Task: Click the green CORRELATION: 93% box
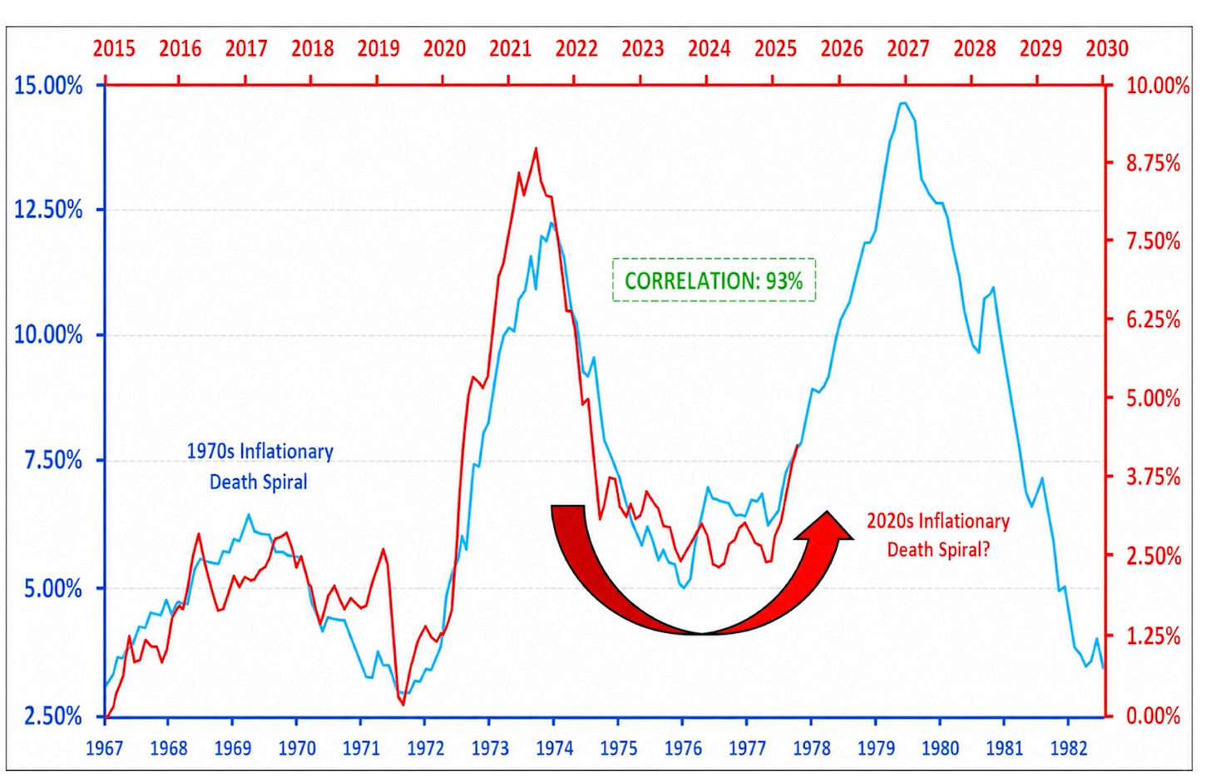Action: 714,280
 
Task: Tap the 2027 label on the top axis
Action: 907,49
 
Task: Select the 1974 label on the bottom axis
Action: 554,748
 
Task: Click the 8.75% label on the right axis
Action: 1153,162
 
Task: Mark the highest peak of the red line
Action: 536,148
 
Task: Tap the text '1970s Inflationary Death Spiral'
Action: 259,466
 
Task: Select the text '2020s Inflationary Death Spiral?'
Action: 938,535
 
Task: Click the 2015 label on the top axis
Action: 113,49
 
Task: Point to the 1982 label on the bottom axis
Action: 1068,748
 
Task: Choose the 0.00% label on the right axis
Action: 1153,716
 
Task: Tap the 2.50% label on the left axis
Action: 53,716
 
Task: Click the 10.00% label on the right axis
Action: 1158,86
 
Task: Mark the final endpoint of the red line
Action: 797,445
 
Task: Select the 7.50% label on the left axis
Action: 53,460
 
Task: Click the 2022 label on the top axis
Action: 576,49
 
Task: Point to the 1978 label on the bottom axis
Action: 812,748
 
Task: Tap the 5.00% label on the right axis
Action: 1153,398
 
